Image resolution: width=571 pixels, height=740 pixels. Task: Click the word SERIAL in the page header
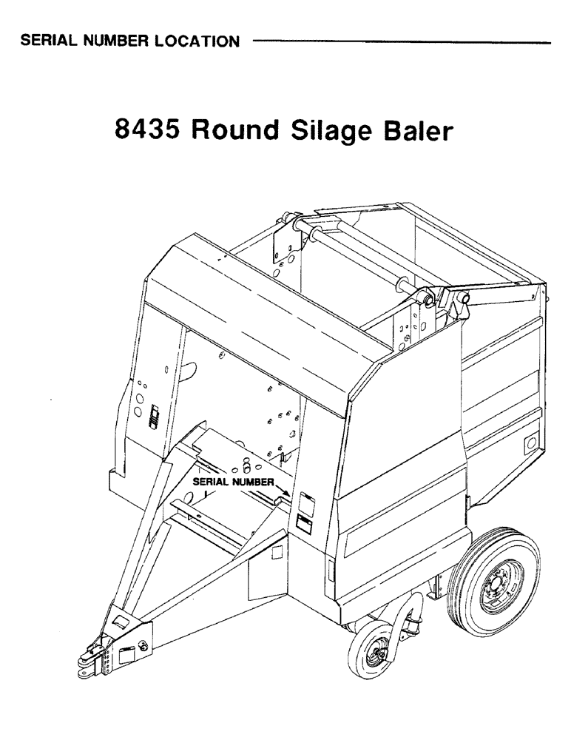(x=49, y=41)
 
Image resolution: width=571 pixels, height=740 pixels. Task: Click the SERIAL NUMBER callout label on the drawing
(x=233, y=480)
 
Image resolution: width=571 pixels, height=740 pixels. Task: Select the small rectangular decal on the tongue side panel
(x=277, y=553)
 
